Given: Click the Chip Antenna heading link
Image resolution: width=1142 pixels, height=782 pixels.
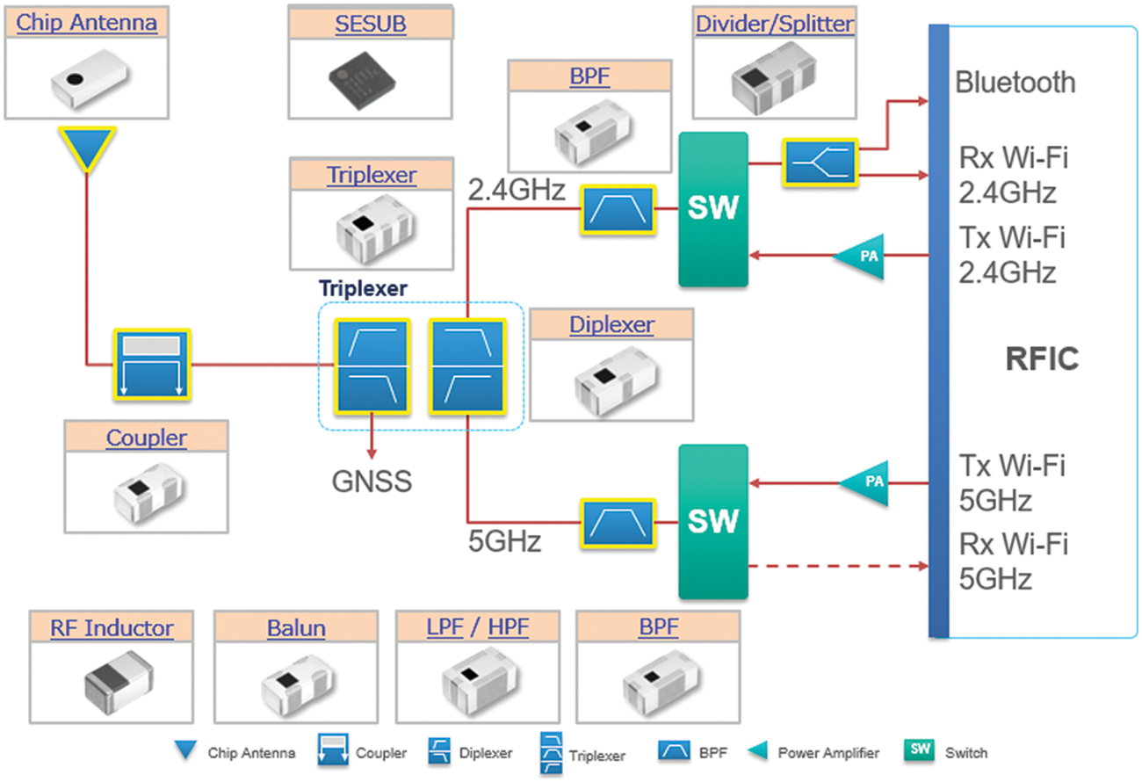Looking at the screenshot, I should tap(87, 23).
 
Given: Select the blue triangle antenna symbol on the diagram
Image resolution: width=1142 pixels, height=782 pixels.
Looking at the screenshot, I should tap(87, 148).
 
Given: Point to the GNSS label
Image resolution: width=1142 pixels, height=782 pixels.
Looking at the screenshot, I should tap(371, 482).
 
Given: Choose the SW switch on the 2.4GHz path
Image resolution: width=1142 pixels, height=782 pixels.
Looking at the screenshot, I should tap(712, 209).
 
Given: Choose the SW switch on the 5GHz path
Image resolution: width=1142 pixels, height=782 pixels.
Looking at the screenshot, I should tap(712, 522).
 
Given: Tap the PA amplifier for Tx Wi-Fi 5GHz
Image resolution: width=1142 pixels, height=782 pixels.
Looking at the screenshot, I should tap(865, 482).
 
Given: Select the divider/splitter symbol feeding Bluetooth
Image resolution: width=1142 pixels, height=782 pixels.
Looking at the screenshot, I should tap(819, 162).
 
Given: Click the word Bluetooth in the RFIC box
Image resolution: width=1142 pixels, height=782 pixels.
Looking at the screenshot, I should tap(1015, 83).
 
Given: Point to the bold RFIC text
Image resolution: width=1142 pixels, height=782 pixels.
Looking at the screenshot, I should tap(1042, 359).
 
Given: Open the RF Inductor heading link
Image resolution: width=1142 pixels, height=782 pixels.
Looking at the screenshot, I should tap(111, 628).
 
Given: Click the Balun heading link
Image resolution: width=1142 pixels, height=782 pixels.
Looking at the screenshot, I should tap(296, 628).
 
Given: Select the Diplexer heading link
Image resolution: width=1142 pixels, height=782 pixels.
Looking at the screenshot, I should tap(611, 324).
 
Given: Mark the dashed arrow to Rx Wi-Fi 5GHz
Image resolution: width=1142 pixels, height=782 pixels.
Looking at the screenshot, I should tap(838, 567).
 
